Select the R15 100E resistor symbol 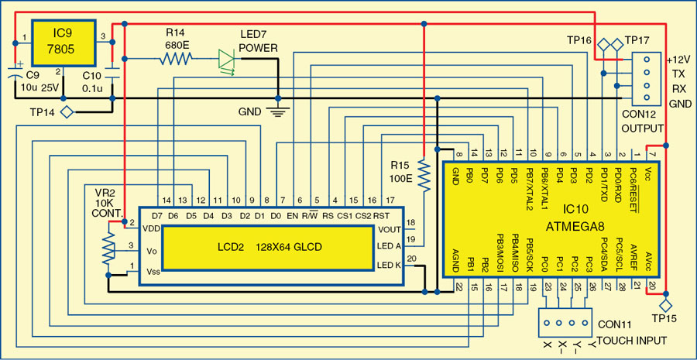[x=423, y=174]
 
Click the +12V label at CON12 [x=678, y=59]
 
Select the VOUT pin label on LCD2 [x=388, y=229]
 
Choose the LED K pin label [x=389, y=266]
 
